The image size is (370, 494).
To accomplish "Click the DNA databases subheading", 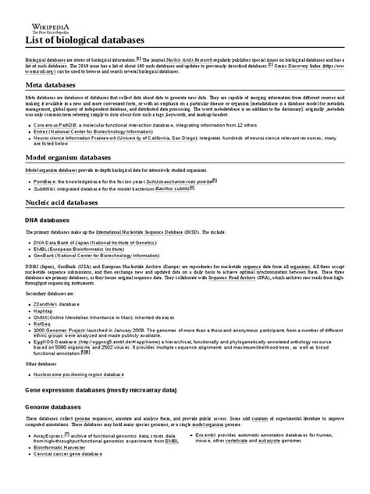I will point(55,220).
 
